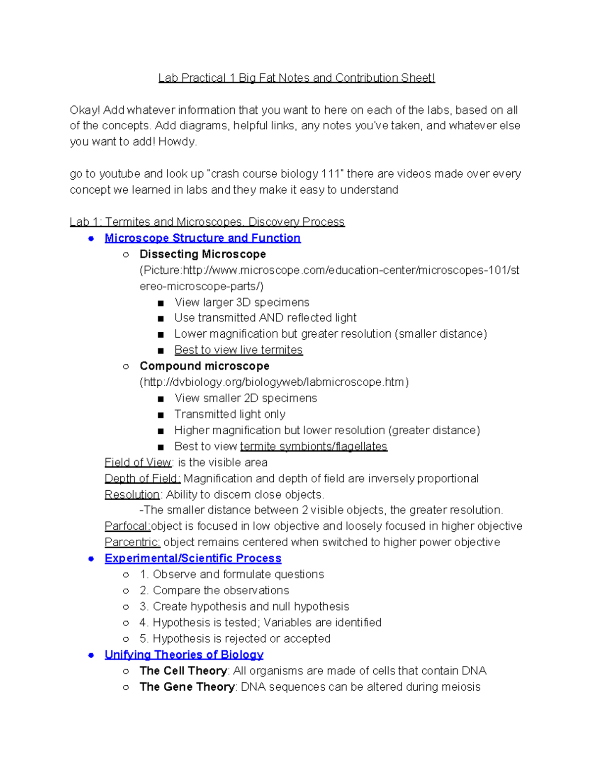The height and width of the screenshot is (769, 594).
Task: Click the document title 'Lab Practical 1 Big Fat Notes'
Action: (x=296, y=78)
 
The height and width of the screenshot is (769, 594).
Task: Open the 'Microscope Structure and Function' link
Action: (x=202, y=238)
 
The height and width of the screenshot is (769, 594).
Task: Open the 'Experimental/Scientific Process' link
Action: (x=193, y=559)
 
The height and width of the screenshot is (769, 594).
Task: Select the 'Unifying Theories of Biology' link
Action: (x=184, y=655)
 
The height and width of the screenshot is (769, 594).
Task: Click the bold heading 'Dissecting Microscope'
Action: (x=202, y=255)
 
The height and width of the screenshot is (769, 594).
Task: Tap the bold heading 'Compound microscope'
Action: (x=204, y=366)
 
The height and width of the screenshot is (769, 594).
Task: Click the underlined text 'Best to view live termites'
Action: (x=238, y=350)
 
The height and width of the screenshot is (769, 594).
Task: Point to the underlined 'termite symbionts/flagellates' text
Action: (x=313, y=447)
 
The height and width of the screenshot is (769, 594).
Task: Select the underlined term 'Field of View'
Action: (x=138, y=462)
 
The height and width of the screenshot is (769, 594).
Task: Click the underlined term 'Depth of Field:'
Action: (x=143, y=479)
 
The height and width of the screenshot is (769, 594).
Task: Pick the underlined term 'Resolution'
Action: (x=132, y=495)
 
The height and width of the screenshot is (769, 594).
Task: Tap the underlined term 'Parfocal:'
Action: (x=127, y=526)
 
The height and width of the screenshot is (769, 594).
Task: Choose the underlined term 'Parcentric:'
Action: (x=132, y=542)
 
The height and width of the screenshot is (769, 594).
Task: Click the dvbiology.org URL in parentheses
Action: (x=274, y=382)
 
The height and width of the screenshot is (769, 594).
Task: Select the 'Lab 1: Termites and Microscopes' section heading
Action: (x=207, y=222)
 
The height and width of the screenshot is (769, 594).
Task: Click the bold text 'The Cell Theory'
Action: (x=183, y=671)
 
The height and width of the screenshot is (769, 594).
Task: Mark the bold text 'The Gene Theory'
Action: (x=187, y=687)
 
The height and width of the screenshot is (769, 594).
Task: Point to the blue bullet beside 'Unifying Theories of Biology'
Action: (x=91, y=655)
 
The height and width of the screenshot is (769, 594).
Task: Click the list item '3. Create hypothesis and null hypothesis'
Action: (x=244, y=607)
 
